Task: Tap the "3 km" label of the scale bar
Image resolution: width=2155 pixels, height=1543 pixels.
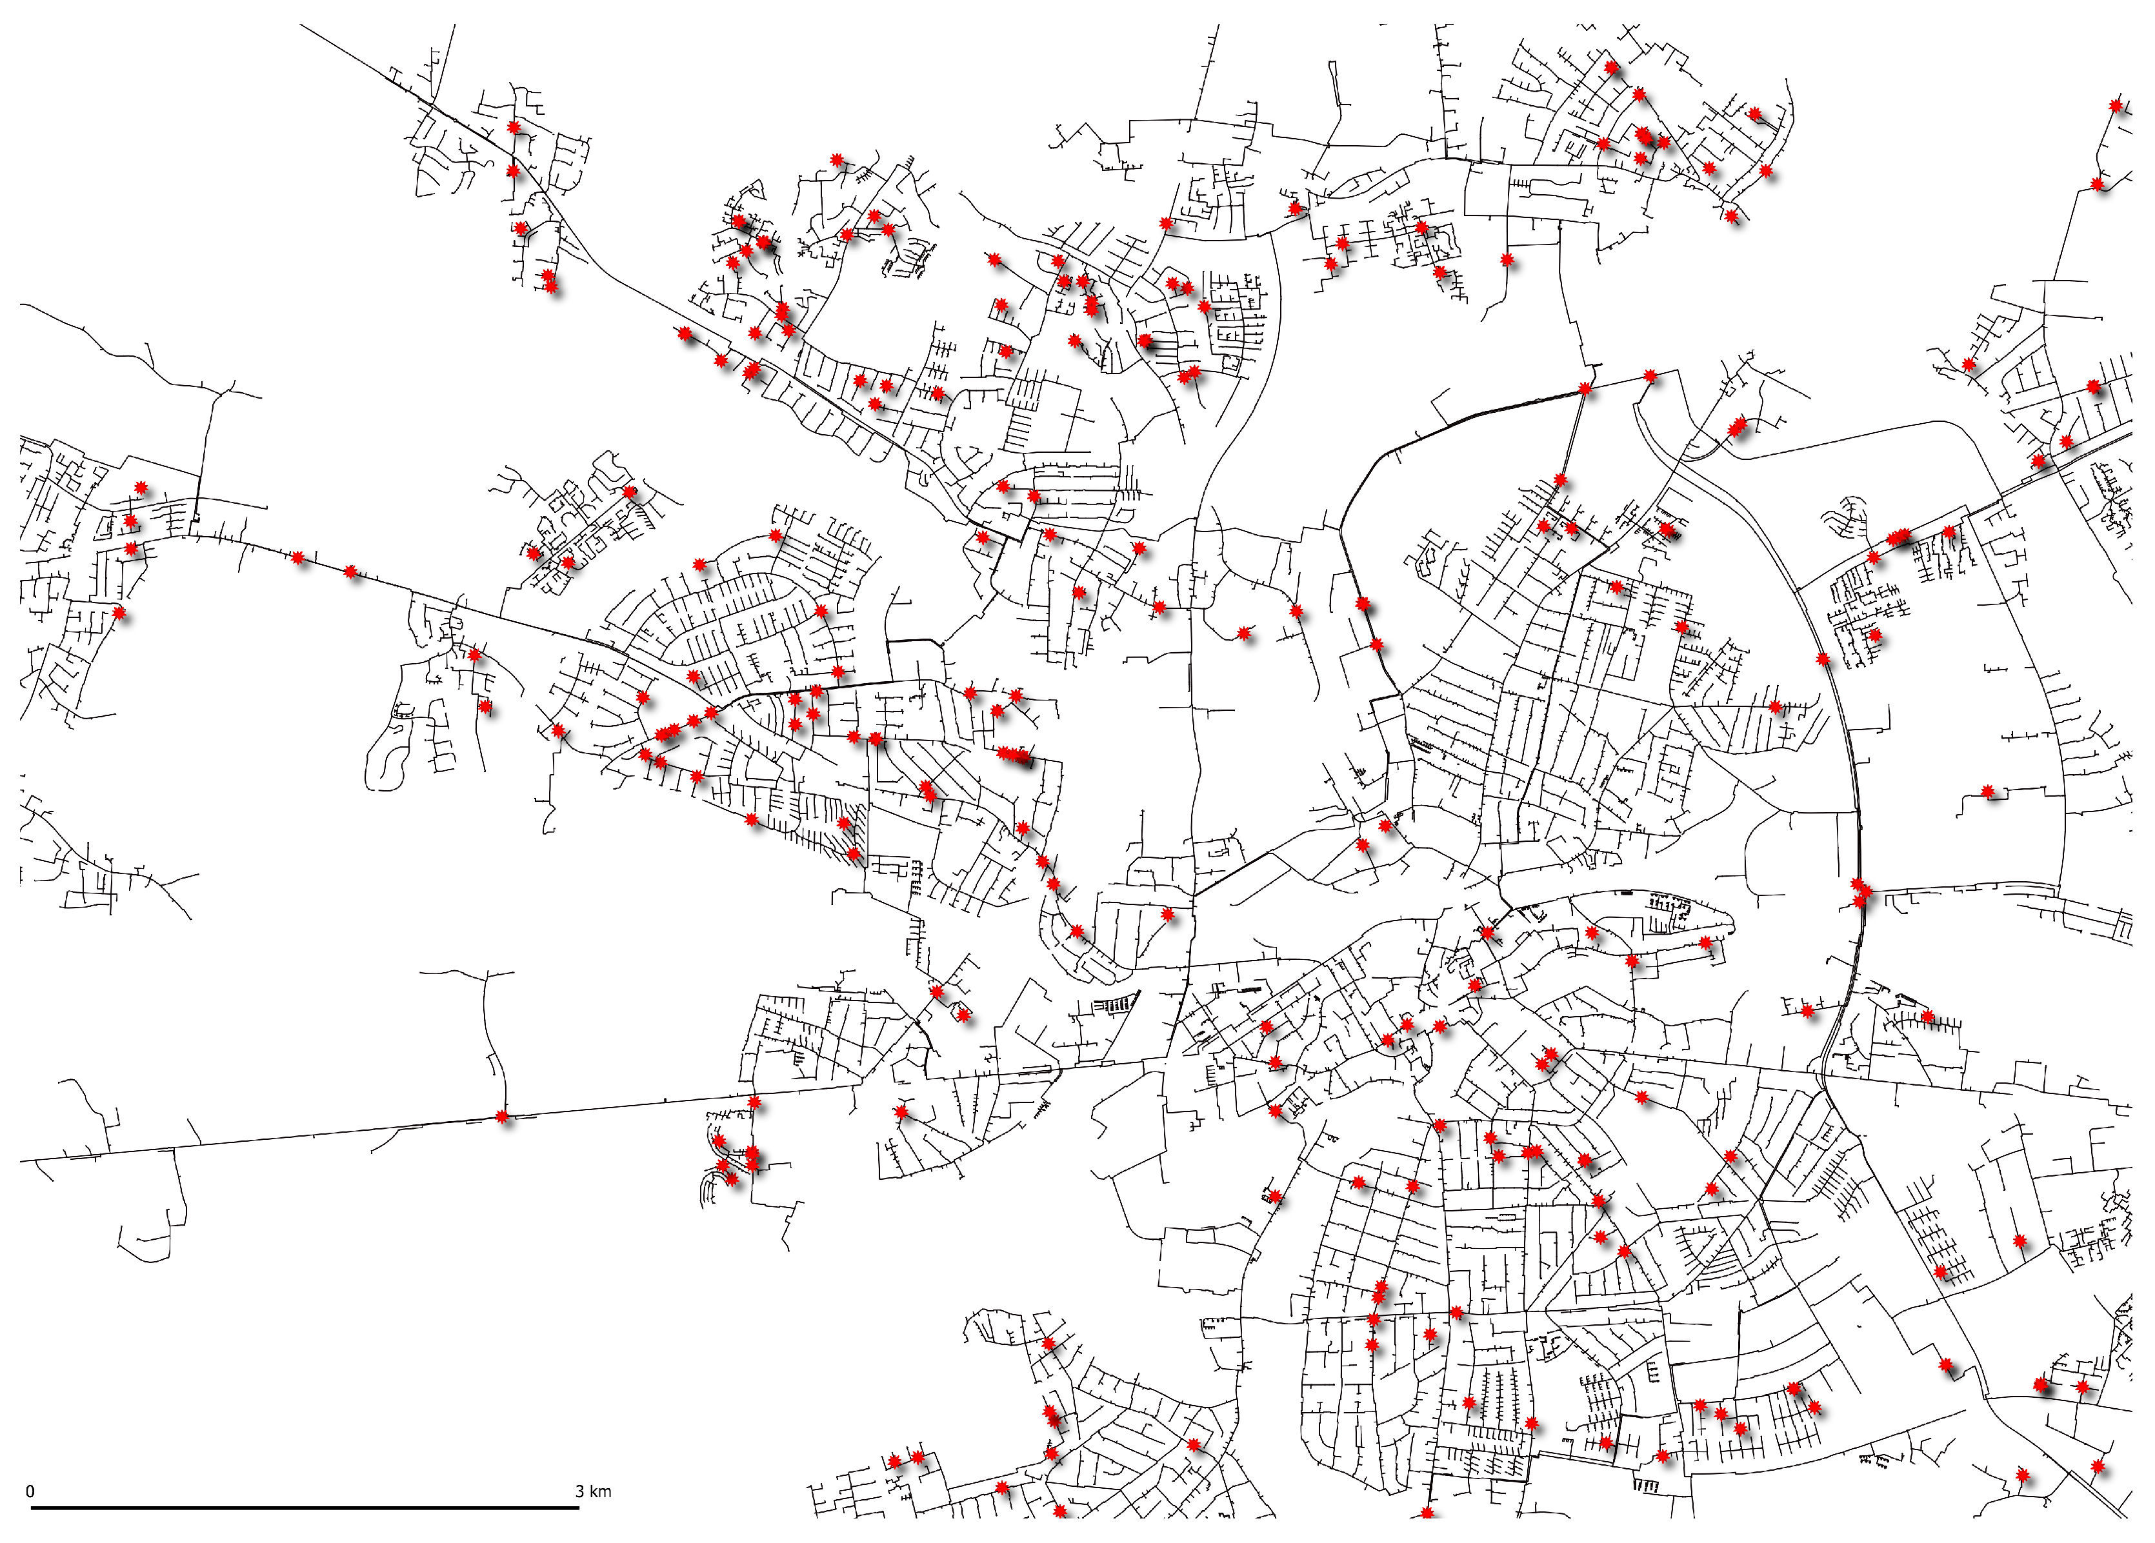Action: point(594,1491)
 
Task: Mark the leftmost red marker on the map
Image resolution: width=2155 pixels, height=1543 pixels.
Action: point(118,613)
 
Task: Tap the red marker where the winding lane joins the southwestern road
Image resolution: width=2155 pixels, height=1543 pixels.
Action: point(504,1117)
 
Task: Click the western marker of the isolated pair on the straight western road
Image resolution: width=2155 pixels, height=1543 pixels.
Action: point(298,557)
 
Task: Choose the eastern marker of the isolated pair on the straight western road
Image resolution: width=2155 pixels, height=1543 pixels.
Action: point(350,572)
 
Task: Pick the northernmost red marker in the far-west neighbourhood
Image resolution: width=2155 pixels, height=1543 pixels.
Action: point(141,488)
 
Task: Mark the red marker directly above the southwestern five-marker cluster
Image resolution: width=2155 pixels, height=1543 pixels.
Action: point(754,1102)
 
